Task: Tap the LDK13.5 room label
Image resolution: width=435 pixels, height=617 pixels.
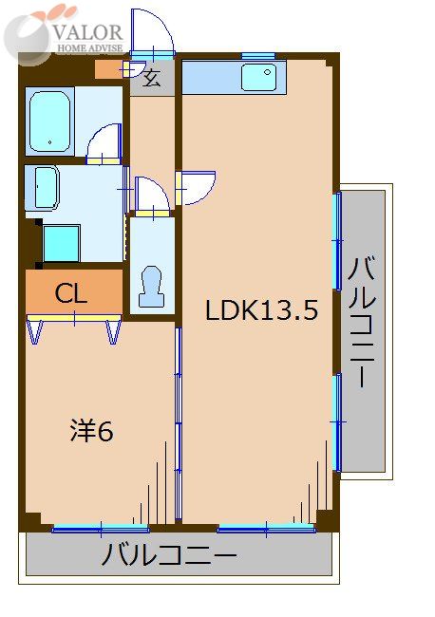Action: coord(261,309)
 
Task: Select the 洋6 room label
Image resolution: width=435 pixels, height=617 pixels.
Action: coord(91,431)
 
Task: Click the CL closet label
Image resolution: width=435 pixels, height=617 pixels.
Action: coord(72,294)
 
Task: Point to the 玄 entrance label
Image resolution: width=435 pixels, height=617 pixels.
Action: coord(152,78)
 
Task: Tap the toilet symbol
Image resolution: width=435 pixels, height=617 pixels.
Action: coord(151,285)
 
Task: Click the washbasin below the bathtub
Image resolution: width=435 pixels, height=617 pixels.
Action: coord(44,187)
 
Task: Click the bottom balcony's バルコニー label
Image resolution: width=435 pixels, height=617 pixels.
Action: coord(170,554)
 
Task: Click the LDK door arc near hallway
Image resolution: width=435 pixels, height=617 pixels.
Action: coord(198,187)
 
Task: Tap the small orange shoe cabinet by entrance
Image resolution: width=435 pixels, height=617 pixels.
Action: coord(108,69)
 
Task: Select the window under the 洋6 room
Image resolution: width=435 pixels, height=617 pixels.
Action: coord(101,528)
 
